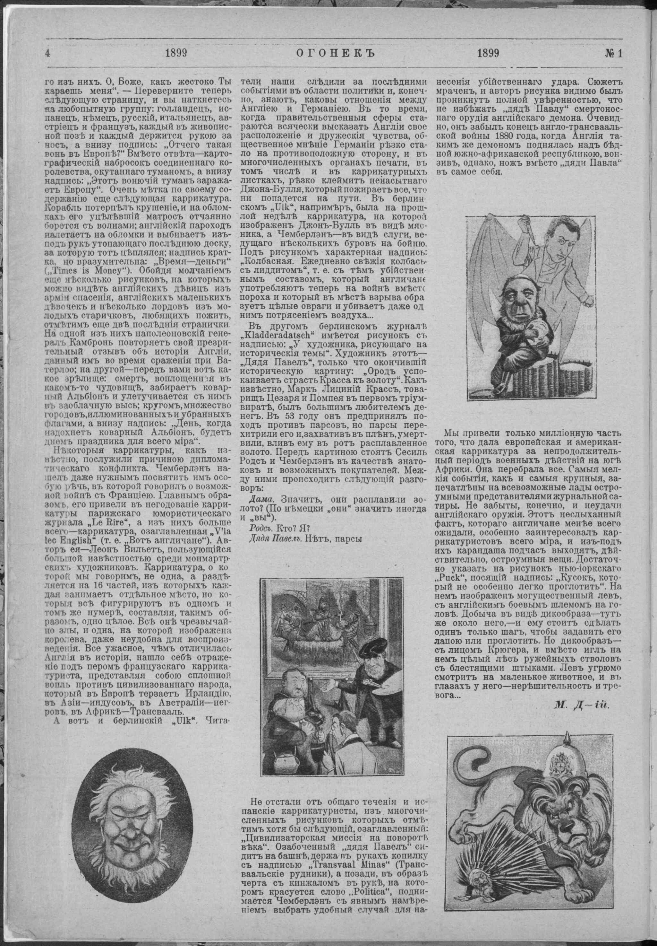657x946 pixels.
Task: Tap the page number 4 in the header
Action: (48, 54)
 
